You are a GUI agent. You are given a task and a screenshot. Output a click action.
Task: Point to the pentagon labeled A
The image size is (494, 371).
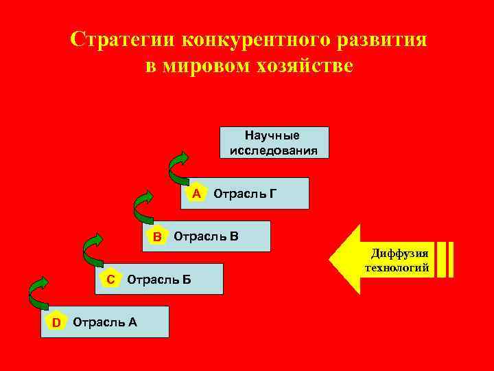click(196, 194)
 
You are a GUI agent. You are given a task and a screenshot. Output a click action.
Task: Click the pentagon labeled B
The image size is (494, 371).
click(157, 237)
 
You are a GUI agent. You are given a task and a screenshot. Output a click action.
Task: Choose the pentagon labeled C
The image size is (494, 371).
click(110, 279)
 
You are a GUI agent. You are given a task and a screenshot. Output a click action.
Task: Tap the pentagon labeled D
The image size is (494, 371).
click(56, 322)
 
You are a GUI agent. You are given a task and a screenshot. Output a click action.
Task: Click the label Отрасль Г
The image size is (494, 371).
click(245, 194)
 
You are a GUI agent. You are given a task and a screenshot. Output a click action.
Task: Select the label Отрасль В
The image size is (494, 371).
click(206, 237)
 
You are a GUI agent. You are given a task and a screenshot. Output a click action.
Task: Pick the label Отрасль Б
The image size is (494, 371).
click(159, 280)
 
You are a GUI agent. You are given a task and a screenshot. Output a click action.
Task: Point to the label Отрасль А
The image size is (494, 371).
click(104, 322)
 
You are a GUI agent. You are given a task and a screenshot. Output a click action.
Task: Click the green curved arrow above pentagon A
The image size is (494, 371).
click(178, 167)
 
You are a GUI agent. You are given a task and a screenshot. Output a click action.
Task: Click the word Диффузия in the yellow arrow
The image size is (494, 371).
click(399, 254)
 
